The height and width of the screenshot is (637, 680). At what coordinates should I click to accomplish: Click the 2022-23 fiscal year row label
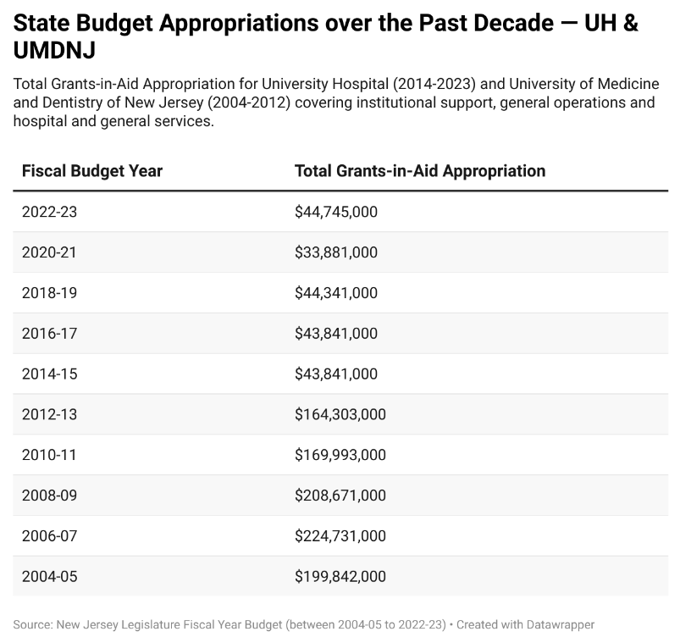click(x=49, y=212)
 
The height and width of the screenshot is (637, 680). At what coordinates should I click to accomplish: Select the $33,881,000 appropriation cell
click(x=335, y=252)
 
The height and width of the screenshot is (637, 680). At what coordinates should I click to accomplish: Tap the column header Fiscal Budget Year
click(x=92, y=170)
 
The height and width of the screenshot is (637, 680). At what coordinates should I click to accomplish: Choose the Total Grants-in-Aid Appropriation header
click(x=419, y=170)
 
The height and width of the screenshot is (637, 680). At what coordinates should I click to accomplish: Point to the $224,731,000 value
click(x=340, y=536)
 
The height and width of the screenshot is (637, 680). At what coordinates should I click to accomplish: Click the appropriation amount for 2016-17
click(x=335, y=334)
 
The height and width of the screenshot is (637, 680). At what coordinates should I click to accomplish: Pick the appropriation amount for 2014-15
click(x=335, y=374)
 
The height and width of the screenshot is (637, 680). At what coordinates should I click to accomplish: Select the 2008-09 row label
click(x=49, y=496)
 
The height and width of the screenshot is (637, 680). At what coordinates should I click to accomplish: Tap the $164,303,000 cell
click(x=340, y=414)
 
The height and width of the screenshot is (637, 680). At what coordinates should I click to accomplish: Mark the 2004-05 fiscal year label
click(x=49, y=577)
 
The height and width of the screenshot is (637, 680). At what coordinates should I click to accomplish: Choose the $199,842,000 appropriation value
click(x=340, y=577)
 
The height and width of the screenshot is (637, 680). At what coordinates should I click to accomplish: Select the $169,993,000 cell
click(x=340, y=455)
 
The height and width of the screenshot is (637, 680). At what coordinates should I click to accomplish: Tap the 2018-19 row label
click(x=49, y=293)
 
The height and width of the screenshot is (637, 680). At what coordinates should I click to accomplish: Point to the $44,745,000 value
click(x=335, y=212)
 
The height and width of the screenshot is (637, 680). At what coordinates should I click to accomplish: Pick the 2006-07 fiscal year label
click(x=49, y=536)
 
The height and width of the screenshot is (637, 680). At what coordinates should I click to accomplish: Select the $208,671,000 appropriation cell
click(x=340, y=496)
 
